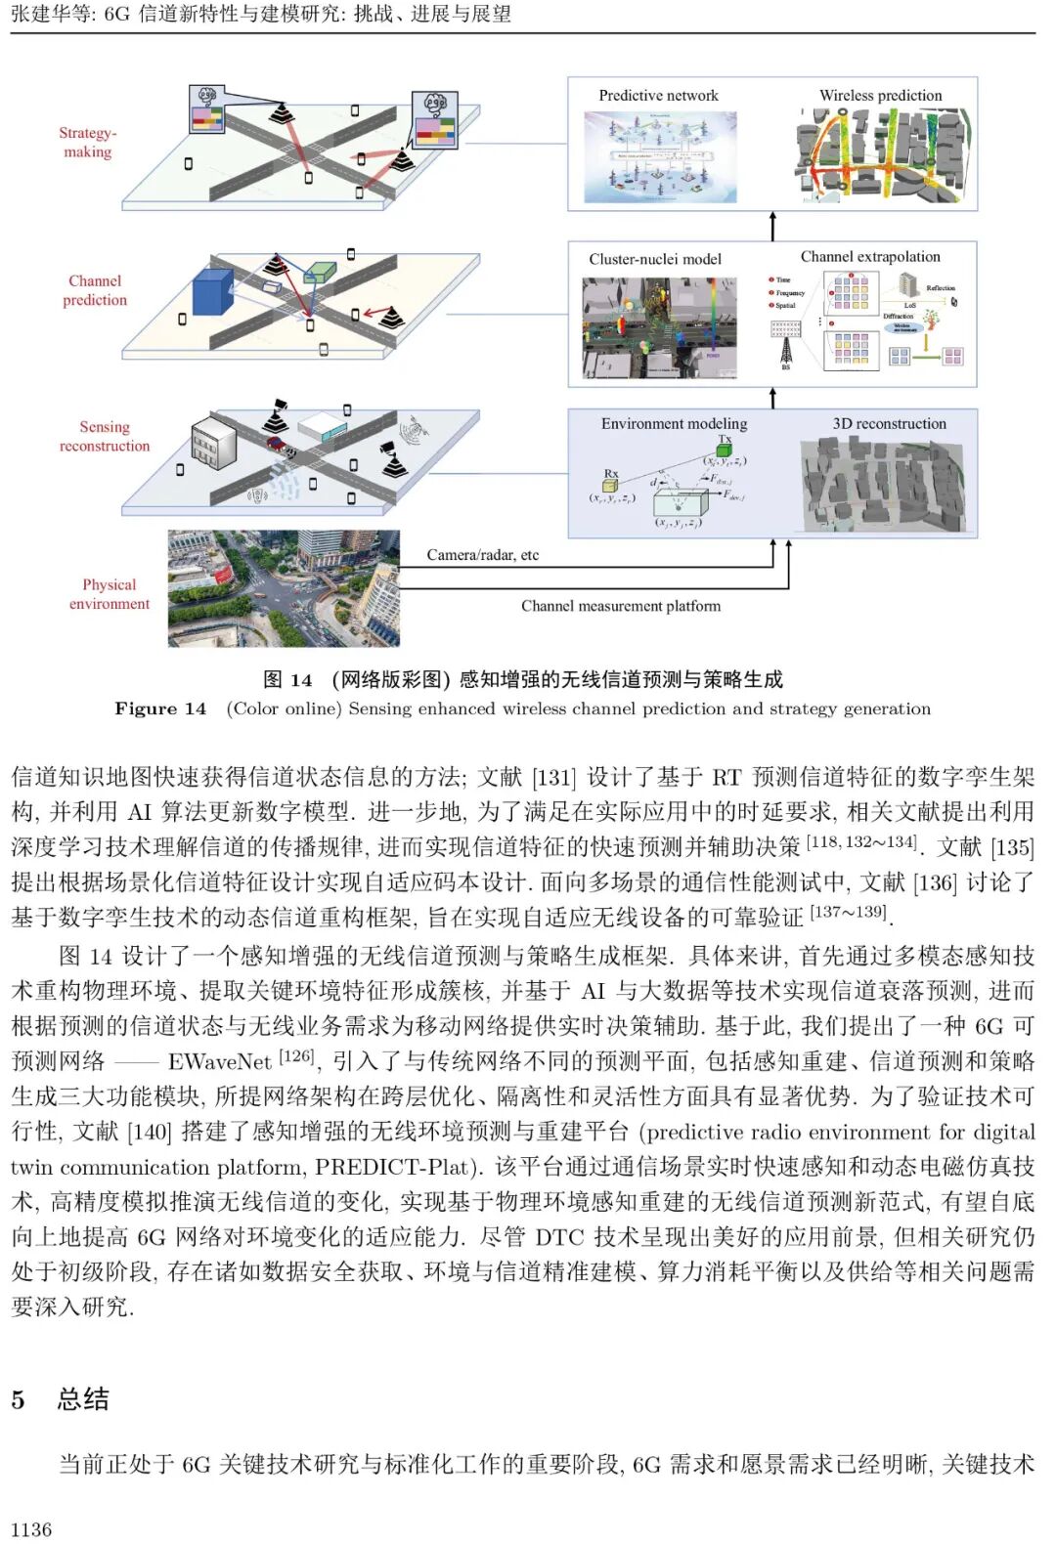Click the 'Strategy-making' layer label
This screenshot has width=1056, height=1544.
tap(88, 143)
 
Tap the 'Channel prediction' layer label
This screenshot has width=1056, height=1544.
tap(95, 290)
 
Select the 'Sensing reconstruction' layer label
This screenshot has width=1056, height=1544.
tap(105, 436)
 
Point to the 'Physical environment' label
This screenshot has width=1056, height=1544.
tap(110, 594)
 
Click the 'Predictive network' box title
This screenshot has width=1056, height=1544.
tap(658, 96)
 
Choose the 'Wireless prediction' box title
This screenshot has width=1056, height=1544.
tap(881, 96)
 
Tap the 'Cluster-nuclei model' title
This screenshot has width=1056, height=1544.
tap(655, 259)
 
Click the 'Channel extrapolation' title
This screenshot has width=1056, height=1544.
tap(870, 257)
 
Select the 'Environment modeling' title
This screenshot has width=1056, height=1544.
tap(674, 424)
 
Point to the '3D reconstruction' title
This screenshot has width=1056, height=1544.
tap(890, 424)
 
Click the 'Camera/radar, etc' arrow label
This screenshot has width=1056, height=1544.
tap(483, 555)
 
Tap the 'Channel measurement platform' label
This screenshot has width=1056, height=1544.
tap(621, 606)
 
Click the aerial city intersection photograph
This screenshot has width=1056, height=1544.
tap(284, 588)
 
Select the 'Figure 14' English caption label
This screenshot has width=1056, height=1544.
tap(160, 708)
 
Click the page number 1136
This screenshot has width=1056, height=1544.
tap(31, 1529)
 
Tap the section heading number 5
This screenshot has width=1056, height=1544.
tap(18, 1399)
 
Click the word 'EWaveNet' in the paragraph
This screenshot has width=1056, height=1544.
tap(219, 1061)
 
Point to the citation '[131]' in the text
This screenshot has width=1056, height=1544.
tap(553, 777)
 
